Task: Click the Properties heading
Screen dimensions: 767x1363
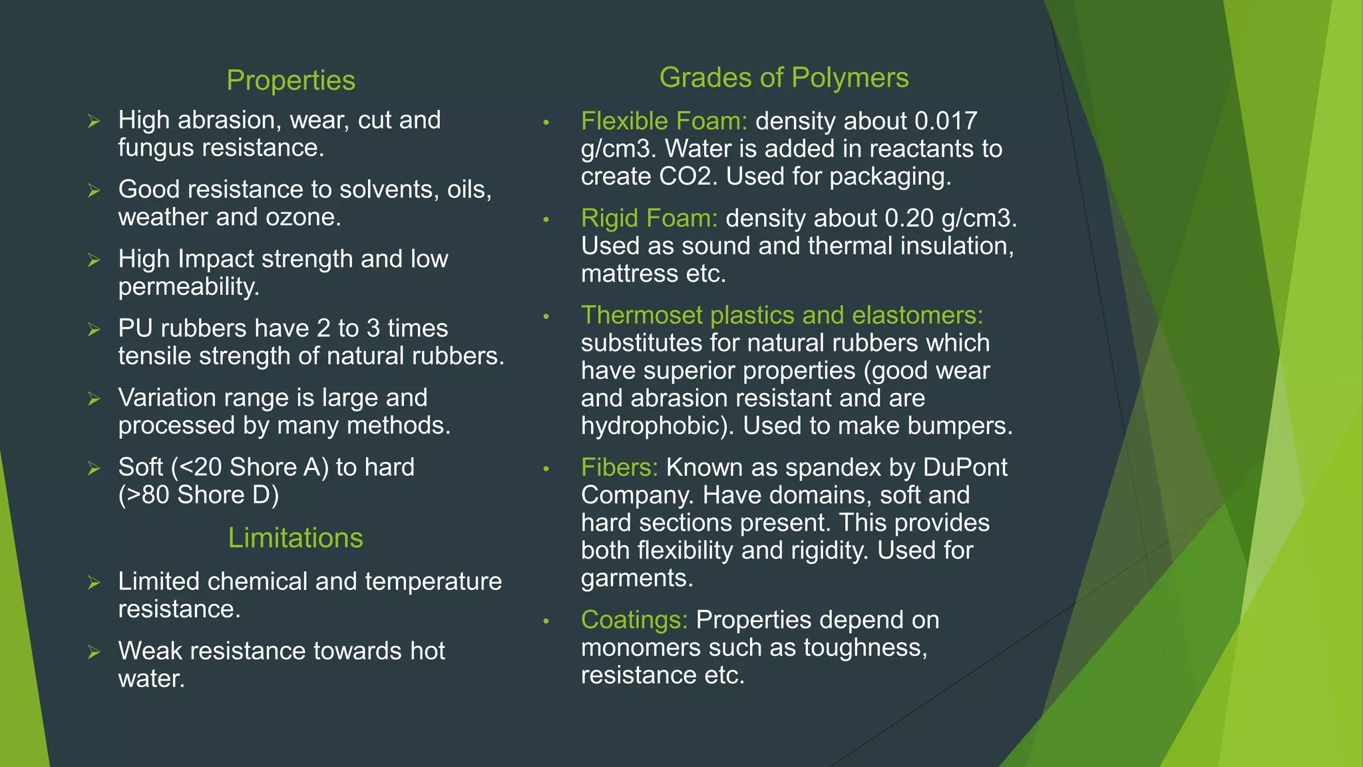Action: pos(291,81)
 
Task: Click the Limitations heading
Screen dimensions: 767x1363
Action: pos(295,538)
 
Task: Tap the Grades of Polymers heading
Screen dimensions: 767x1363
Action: pos(783,78)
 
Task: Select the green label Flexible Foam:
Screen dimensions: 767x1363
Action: pos(664,121)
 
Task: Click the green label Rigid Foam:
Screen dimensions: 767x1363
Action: pos(649,218)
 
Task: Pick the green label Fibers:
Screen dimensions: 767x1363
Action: pos(619,467)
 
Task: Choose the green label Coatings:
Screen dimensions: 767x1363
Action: pos(634,620)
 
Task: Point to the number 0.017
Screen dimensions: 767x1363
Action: pos(945,121)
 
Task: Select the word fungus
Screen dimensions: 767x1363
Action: pos(156,148)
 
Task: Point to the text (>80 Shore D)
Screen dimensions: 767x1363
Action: pos(198,495)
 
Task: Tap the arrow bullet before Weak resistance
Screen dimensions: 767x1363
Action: pos(94,652)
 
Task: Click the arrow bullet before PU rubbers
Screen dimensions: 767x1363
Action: pos(94,330)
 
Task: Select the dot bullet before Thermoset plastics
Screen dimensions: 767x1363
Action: pos(546,316)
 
